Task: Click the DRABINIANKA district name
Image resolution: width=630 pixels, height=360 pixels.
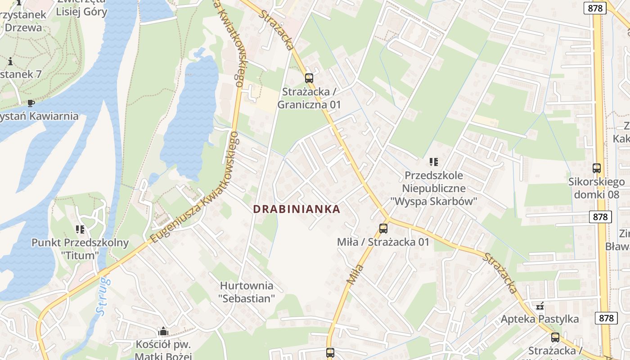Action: pyautogui.click(x=297, y=209)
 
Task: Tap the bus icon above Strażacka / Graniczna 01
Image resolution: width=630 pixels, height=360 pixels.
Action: pyautogui.click(x=309, y=78)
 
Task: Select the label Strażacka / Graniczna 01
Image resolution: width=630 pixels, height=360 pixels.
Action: pyautogui.click(x=309, y=98)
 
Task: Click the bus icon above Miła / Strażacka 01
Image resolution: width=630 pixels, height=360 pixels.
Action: pyautogui.click(x=383, y=229)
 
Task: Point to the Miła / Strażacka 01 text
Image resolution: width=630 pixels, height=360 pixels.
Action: pyautogui.click(x=383, y=242)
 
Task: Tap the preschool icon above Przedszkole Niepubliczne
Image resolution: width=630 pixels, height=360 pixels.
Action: pyautogui.click(x=433, y=162)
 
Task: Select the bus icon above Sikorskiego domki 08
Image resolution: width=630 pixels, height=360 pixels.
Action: pyautogui.click(x=597, y=168)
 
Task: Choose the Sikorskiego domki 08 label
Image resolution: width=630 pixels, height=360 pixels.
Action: pyautogui.click(x=597, y=188)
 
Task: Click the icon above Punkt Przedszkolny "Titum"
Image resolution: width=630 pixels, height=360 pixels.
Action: pyautogui.click(x=80, y=229)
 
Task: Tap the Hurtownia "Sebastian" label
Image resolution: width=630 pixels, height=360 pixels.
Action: pyautogui.click(x=246, y=292)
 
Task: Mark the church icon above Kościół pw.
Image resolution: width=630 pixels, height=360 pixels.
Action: pyautogui.click(x=163, y=332)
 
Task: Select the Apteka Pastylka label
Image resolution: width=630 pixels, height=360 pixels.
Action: pyautogui.click(x=540, y=319)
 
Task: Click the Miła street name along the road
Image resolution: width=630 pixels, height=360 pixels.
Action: pyautogui.click(x=355, y=274)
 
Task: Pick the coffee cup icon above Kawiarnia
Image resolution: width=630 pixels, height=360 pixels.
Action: pyautogui.click(x=31, y=103)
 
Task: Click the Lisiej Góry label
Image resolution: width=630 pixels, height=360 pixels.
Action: pyautogui.click(x=81, y=12)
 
